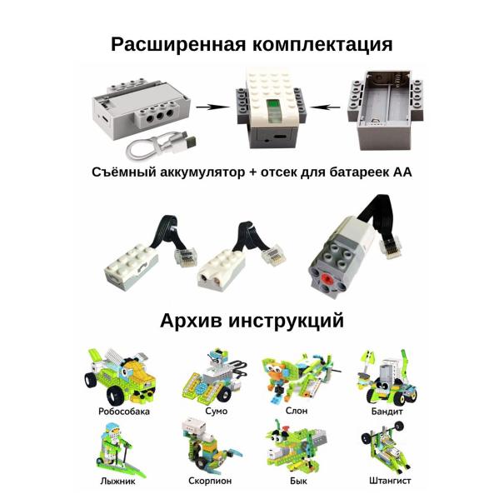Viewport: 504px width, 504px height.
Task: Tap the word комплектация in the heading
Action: tap(322, 45)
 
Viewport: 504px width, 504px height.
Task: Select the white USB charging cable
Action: tap(161, 147)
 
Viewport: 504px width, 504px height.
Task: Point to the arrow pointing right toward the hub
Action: tap(212, 107)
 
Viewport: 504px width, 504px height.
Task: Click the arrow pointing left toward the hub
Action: tap(325, 107)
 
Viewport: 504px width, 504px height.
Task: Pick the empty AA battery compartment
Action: tap(385, 110)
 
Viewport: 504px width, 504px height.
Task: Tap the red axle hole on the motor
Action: tap(327, 279)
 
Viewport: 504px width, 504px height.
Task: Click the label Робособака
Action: tap(124, 412)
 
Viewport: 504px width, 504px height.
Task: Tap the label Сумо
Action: tap(216, 411)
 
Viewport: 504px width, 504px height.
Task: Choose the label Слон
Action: tap(297, 411)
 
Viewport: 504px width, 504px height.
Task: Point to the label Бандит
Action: tap(387, 411)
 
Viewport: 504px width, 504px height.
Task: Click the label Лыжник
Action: tap(117, 482)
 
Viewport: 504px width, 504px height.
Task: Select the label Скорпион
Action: tap(210, 481)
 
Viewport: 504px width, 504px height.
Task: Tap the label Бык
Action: tap(298, 482)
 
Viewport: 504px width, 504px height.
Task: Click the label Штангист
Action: tap(390, 481)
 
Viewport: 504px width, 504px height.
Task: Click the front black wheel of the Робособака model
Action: tap(115, 395)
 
